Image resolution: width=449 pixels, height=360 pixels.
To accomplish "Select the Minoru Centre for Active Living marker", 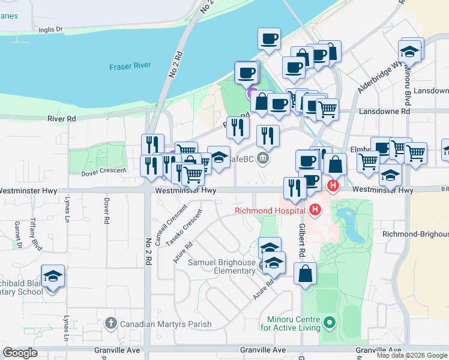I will coord(328,323).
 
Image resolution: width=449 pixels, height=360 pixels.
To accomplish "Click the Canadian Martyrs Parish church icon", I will coord(110,324).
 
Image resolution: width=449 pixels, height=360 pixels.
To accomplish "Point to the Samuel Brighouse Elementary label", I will coord(222,266).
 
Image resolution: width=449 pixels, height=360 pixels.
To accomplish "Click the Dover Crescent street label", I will coord(103,171).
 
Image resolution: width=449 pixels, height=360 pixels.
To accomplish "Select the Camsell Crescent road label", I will coord(163,223).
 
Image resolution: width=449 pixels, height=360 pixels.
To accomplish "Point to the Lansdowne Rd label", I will coord(384,112).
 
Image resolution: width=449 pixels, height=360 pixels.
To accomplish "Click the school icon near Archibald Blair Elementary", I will coord(53,277).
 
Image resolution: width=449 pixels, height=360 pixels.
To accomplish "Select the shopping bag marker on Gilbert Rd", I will coord(306,274).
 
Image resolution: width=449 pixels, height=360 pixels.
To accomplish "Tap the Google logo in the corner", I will coord(20,353).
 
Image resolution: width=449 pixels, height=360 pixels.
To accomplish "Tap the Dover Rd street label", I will coord(106,211).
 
